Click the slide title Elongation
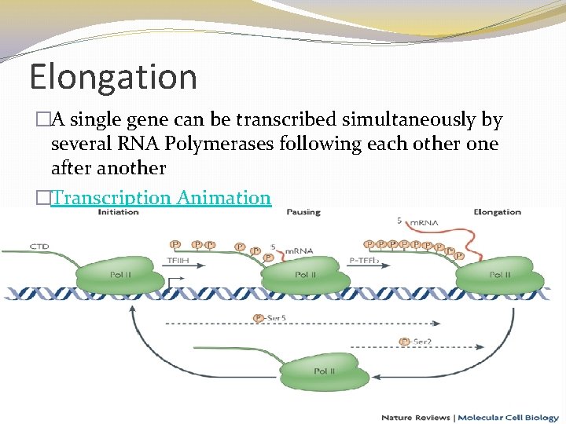112,78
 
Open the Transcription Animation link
160,197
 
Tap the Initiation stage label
119,212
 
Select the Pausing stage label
303,212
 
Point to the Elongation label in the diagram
497,212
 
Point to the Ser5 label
271,318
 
